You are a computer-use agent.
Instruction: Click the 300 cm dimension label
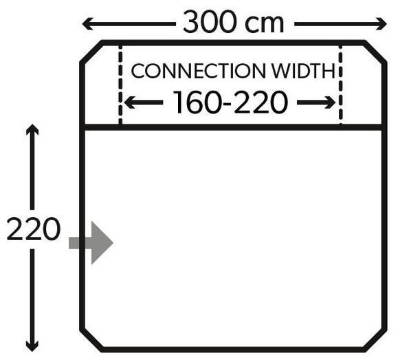233,22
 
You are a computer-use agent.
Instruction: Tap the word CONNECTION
198,71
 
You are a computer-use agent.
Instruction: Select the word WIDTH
304,71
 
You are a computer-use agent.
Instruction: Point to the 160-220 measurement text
230,102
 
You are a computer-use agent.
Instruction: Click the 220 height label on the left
34,229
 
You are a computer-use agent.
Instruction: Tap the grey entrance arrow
91,243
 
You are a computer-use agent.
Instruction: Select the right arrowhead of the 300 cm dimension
382,24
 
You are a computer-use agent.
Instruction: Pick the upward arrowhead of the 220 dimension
32,129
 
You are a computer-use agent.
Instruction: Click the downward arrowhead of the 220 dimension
32,346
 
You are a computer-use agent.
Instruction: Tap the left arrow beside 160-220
144,102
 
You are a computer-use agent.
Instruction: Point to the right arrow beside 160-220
316,102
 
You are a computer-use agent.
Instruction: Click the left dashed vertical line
120,85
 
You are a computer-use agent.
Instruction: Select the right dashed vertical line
340,85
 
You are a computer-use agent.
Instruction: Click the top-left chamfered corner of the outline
91,52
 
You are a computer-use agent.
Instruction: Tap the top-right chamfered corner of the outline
375,52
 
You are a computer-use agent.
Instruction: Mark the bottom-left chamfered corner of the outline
91,341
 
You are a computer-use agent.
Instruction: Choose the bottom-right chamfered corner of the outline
375,341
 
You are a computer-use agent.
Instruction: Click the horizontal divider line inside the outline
233,127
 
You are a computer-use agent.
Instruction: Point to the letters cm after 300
264,24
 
